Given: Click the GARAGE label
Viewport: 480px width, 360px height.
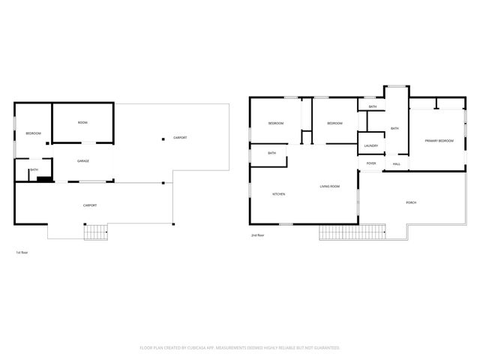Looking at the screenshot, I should tap(82, 161).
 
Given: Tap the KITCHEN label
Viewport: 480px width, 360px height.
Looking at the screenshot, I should tap(278, 194).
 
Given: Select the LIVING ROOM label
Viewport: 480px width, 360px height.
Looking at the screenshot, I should tap(330, 186).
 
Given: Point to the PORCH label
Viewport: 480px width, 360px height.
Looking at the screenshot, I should tap(411, 202).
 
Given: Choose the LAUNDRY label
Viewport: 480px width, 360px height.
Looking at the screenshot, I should tap(370, 145).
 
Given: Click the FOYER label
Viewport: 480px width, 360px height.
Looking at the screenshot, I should tap(370, 163).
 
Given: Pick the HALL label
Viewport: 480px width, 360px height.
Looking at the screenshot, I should tap(397, 163).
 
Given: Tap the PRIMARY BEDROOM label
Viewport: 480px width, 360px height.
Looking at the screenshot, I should tap(439, 141).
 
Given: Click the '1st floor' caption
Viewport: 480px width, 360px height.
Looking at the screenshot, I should tap(22, 252).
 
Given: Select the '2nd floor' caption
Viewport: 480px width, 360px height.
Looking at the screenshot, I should tap(258, 235).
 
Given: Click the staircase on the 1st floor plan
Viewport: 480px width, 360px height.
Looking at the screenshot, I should tap(95, 232).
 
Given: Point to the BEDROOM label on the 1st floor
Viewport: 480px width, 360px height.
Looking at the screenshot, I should tap(33, 133).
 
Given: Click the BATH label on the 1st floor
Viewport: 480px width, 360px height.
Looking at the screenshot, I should tap(34, 170).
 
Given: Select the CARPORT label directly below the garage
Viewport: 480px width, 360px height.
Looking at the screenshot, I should tap(89, 205).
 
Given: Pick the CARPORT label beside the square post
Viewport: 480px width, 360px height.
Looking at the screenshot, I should tap(180, 138).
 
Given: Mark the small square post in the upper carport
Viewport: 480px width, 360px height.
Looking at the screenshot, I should tap(163, 138).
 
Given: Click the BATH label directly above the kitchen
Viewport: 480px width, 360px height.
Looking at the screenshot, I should tap(271, 154).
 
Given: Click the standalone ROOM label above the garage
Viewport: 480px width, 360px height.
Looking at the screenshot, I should tap(82, 122).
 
